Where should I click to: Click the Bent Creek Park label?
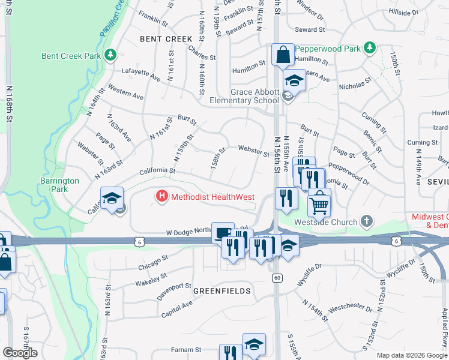pos(70,56)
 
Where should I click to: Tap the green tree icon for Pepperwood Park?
pos(370,47)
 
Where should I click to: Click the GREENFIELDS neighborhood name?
pos(221,290)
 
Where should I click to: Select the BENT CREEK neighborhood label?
pos(166,38)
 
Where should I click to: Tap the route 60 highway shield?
pos(277,277)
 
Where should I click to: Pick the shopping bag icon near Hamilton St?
pos(283,55)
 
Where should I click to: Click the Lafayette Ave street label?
pos(142,77)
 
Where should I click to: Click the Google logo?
pos(20,353)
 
